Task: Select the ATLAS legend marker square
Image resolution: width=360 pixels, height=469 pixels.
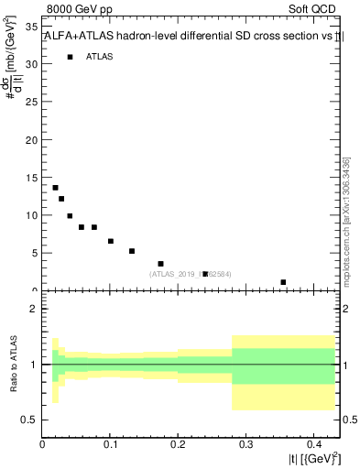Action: (70, 57)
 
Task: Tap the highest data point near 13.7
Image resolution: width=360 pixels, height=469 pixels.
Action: (55, 188)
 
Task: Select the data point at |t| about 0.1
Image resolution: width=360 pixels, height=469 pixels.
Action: (111, 242)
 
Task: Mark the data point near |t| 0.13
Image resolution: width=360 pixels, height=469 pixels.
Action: (132, 251)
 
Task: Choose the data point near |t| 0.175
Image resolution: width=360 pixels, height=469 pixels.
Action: (161, 264)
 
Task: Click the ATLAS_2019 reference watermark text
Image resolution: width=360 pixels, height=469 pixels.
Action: (191, 273)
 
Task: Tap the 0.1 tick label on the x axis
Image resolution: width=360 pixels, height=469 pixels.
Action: (111, 443)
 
